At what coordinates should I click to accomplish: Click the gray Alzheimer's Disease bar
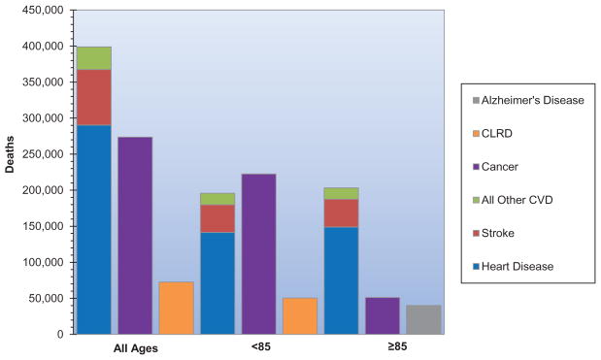423,319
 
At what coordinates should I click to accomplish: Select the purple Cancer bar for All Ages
135,236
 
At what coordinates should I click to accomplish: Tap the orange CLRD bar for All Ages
177,308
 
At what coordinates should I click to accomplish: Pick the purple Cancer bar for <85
258,254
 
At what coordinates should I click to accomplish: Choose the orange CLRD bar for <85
300,316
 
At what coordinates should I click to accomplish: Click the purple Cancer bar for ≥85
383,315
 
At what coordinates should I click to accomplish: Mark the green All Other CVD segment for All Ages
94,58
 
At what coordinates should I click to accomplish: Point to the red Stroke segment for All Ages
94,97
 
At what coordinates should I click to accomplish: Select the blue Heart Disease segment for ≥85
341,280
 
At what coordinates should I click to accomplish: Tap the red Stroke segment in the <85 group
217,218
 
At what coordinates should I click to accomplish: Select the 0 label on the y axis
60,335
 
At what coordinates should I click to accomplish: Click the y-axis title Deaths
10,154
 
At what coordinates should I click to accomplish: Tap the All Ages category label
136,348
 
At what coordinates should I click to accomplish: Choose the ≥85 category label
397,346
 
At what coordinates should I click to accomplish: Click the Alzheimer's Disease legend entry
528,100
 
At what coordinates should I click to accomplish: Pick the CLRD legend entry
492,134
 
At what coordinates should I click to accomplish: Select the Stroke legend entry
493,233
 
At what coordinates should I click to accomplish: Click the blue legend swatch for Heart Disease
476,267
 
